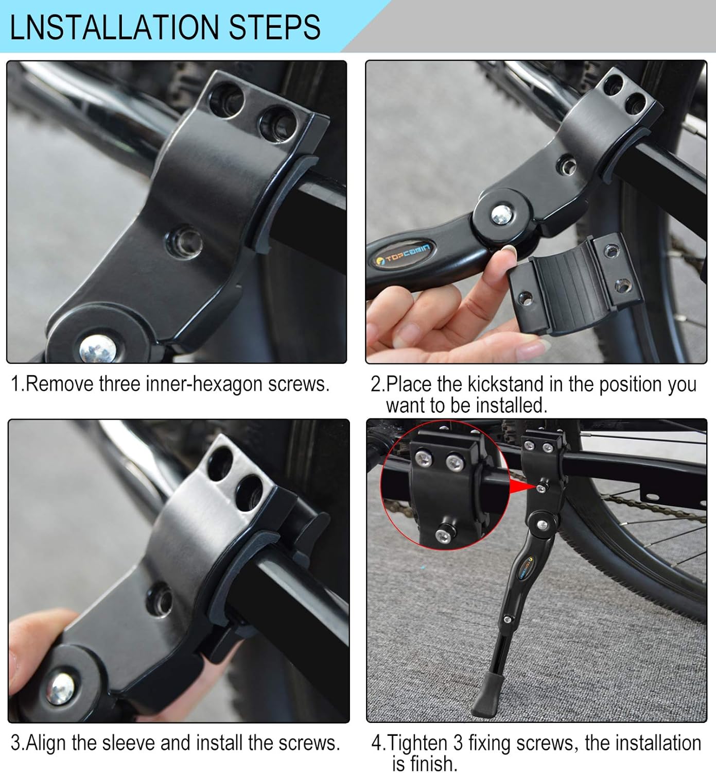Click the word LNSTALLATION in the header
pyautogui.click(x=114, y=27)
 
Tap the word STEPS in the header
pyautogui.click(x=274, y=27)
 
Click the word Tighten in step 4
pyautogui.click(x=417, y=744)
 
